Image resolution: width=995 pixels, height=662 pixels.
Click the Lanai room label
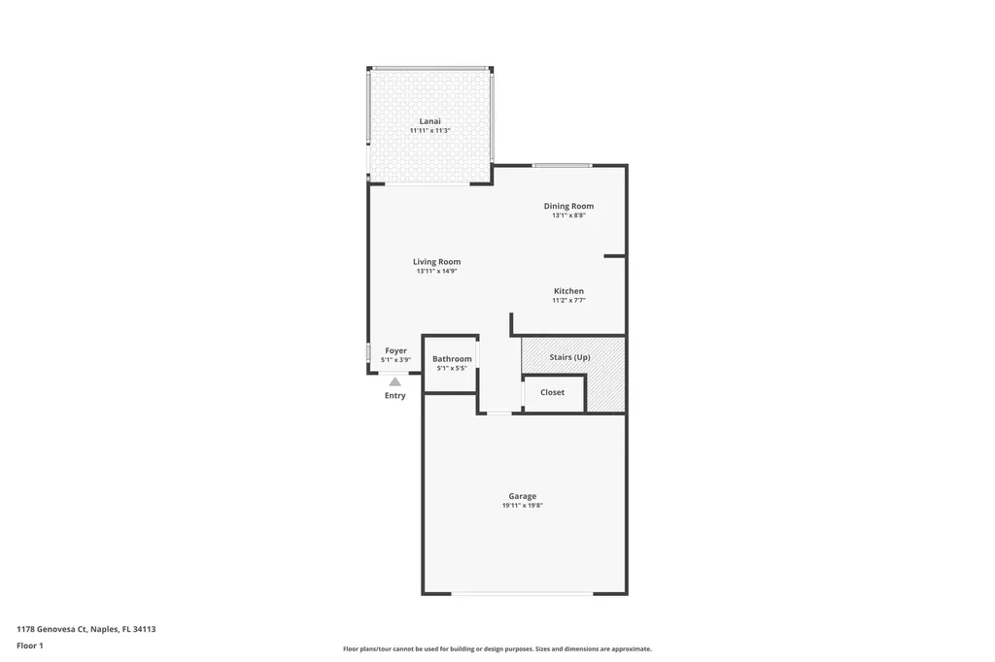429,121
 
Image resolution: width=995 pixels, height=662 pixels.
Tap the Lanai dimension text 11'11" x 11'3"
429,131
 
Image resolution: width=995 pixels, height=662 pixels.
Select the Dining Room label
568,206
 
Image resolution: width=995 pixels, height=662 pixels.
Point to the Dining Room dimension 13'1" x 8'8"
568,215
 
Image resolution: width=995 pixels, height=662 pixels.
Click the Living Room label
436,261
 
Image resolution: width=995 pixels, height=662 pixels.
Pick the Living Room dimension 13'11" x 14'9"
436,271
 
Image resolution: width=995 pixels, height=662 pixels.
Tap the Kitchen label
568,291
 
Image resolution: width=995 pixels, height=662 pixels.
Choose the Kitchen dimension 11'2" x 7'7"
568,301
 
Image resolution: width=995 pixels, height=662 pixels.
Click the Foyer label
395,350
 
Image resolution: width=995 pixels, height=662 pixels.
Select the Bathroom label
452,359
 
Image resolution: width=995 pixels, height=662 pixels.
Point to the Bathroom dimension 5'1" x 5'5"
452,369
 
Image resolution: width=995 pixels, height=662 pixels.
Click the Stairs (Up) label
569,357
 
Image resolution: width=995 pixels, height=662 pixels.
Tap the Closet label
552,392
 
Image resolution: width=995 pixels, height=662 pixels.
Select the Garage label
522,496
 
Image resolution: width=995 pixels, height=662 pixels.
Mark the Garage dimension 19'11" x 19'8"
522,506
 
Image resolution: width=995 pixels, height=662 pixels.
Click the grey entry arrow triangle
395,382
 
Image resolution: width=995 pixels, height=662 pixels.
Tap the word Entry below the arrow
395,396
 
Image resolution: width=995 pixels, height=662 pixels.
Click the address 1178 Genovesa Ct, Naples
86,629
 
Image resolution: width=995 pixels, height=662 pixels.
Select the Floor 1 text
30,645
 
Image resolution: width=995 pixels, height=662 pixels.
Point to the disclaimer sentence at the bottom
497,649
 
